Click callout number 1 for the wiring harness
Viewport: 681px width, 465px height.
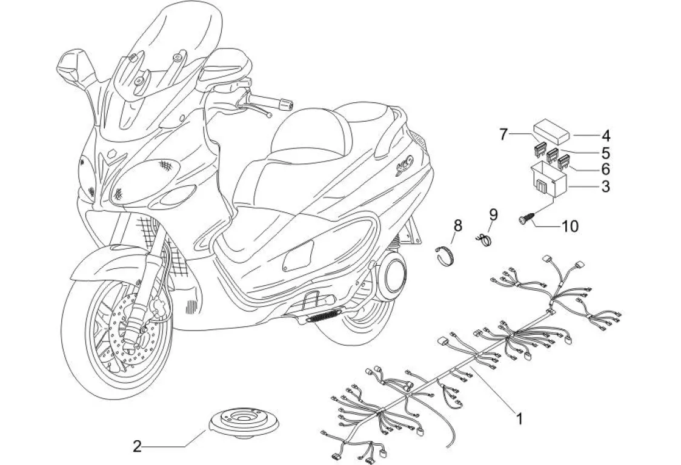519,418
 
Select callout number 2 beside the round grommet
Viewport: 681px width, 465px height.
138,447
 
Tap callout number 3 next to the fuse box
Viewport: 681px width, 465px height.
605,186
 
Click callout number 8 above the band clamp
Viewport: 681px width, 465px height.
457,226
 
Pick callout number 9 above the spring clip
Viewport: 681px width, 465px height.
493,214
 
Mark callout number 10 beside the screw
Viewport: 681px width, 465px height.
570,226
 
